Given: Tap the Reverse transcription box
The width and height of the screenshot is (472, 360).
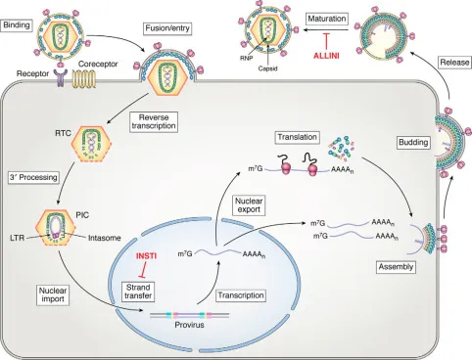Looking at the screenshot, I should (150, 121).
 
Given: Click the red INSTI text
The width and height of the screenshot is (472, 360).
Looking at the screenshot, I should (146, 257).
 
